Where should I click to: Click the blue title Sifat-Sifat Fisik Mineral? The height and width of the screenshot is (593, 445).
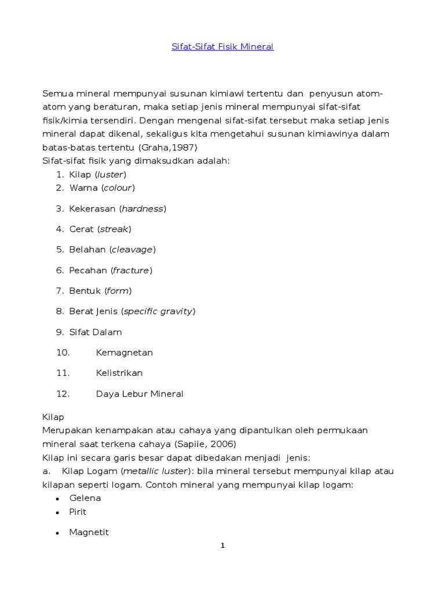tap(222, 46)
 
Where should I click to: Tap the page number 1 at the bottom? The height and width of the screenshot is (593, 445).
tap(222, 545)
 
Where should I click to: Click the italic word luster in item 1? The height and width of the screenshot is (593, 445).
tap(111, 174)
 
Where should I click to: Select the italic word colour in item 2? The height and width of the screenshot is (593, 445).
tap(118, 188)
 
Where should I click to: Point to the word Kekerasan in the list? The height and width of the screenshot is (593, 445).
tap(93, 208)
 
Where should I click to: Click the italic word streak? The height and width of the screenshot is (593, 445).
tap(114, 229)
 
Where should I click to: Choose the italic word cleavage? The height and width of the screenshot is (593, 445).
tap(132, 250)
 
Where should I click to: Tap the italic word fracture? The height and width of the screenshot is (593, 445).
tap(132, 270)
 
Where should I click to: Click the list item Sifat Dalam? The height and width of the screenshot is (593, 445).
tap(95, 332)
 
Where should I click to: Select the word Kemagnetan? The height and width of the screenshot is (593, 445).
tap(124, 353)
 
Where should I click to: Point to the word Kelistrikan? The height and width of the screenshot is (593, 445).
tap(119, 373)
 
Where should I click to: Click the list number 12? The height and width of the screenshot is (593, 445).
tap(63, 394)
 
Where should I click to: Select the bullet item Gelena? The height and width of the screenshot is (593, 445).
tap(85, 498)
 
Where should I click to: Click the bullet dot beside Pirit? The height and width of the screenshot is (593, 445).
tap(57, 513)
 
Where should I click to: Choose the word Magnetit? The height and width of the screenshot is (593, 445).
tap(89, 532)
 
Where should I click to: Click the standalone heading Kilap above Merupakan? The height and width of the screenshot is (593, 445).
tap(53, 417)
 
